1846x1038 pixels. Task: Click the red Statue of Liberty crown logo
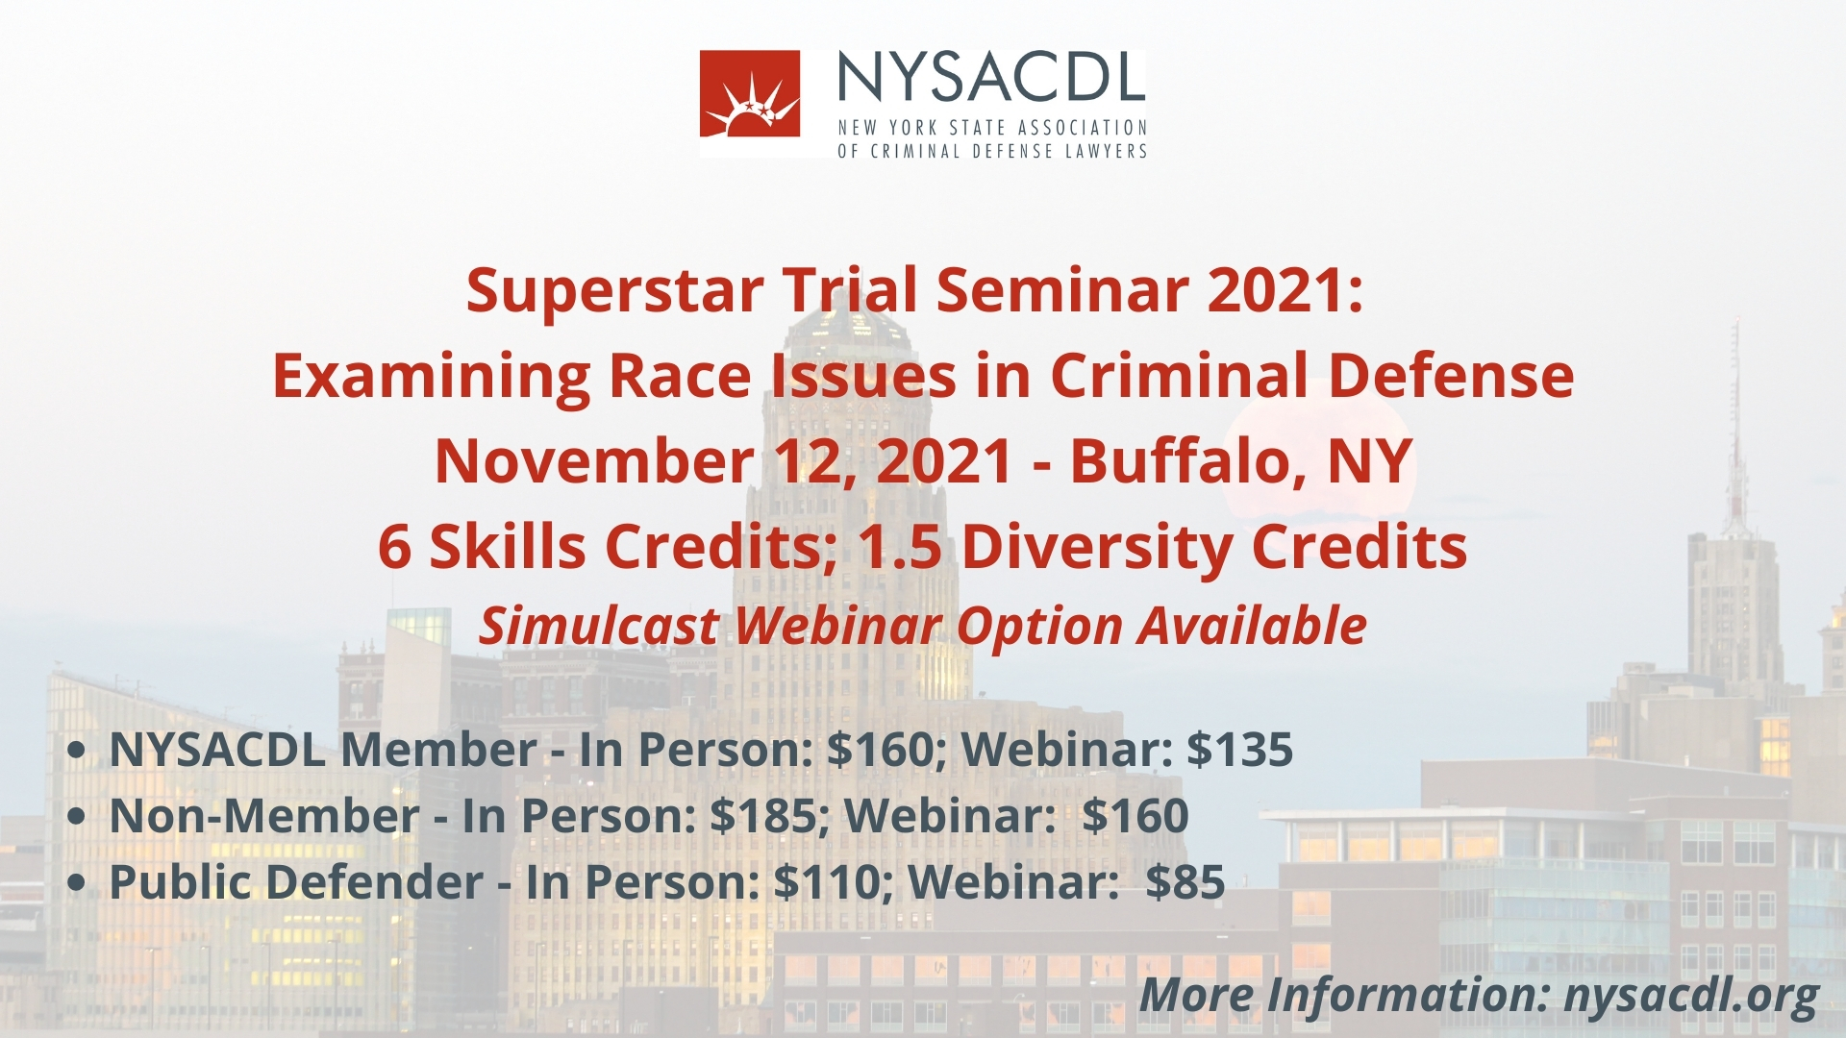coord(750,93)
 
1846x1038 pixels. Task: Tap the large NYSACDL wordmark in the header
coord(991,76)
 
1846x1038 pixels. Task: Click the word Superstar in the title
coord(615,291)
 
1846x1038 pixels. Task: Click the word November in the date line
coord(594,461)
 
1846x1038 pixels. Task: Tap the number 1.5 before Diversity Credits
coord(900,547)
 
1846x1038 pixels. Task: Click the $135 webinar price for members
coord(1239,750)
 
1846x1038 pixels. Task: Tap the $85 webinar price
coord(1185,882)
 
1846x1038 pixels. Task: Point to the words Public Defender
coord(296,882)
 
